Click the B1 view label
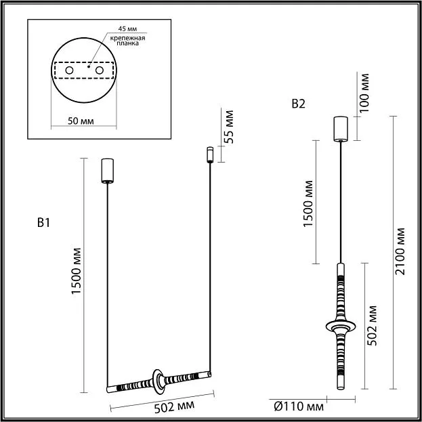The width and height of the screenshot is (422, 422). (x=43, y=223)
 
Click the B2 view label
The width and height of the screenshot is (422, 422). (x=299, y=104)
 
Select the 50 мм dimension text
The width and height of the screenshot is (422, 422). (x=81, y=121)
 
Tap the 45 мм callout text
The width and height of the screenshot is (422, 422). (x=127, y=29)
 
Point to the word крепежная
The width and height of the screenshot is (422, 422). (x=128, y=38)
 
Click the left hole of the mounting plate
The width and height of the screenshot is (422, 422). (x=70, y=70)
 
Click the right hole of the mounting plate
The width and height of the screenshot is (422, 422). (x=100, y=70)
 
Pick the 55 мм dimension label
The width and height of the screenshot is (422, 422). (x=229, y=127)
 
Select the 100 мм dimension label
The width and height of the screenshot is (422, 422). (x=364, y=93)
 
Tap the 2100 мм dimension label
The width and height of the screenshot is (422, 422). (x=400, y=251)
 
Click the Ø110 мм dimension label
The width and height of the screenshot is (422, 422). (x=299, y=406)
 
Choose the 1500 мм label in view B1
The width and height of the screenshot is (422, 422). (x=76, y=271)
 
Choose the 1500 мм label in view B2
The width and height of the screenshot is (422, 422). (x=308, y=204)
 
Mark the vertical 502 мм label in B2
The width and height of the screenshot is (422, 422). (x=372, y=325)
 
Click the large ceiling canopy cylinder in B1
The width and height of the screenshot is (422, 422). (x=108, y=171)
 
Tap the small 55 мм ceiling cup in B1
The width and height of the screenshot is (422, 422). (x=210, y=154)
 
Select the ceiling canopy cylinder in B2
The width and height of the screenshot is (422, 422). (x=341, y=129)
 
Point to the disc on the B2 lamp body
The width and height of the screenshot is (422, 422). (x=341, y=326)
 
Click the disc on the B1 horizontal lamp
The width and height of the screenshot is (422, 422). (x=159, y=383)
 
